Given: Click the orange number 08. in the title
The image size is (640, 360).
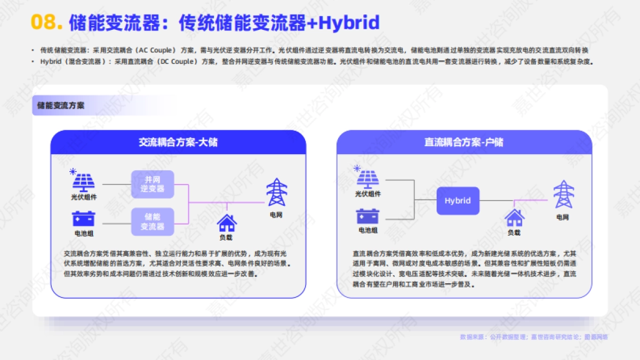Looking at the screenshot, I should click(47, 22).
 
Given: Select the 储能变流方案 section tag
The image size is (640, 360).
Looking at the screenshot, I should click(61, 105).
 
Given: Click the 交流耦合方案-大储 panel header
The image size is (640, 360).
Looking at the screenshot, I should click(178, 142).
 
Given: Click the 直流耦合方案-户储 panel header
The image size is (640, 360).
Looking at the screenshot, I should click(464, 142).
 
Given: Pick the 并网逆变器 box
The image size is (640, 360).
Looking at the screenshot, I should click(153, 184).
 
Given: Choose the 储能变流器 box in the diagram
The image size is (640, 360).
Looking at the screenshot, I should click(153, 221).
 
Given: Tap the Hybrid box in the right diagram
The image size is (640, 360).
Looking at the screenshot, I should click(458, 201).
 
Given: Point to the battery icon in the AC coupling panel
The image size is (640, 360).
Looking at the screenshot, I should click(84, 219).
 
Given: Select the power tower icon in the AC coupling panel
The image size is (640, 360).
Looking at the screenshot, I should click(276, 192).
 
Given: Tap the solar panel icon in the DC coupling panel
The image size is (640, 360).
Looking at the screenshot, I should click(367, 179).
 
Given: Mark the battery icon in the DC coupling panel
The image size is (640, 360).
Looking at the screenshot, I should click(368, 216).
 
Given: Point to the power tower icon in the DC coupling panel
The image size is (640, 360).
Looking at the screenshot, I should click(563, 195).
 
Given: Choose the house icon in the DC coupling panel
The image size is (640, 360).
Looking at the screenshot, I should click(514, 218).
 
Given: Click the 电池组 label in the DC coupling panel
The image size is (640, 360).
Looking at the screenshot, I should click(368, 230).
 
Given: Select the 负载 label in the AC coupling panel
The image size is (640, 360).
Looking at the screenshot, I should click(226, 237).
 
